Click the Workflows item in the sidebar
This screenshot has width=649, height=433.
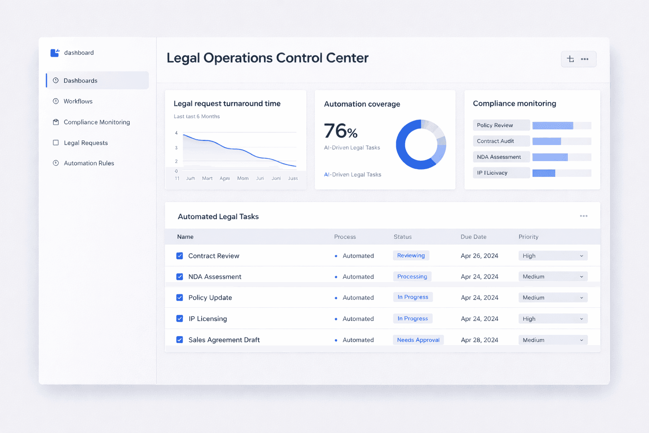(x=78, y=101)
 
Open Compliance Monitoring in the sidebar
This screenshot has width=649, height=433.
(x=96, y=122)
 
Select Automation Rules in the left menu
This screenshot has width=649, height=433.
(x=89, y=163)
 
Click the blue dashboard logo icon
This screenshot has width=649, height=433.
(x=55, y=53)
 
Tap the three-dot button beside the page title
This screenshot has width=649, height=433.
(x=585, y=59)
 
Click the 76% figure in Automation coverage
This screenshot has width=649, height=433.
(x=341, y=131)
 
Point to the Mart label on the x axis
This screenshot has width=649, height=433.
(x=207, y=178)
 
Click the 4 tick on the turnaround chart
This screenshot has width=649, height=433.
(x=176, y=133)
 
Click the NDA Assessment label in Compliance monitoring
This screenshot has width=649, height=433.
(x=499, y=157)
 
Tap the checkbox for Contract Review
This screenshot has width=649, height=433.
(x=180, y=256)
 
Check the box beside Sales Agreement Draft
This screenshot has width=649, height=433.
(x=180, y=340)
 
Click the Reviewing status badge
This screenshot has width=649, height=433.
(x=411, y=255)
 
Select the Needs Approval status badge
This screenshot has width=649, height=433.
(x=418, y=340)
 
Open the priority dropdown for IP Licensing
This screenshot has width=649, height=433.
(x=553, y=319)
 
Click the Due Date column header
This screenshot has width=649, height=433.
(x=473, y=237)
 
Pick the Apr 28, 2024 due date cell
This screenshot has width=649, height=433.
(x=479, y=340)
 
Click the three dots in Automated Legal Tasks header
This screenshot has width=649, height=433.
(x=584, y=216)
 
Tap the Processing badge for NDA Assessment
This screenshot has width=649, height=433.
(x=412, y=277)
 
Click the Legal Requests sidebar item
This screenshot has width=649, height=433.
(x=85, y=143)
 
